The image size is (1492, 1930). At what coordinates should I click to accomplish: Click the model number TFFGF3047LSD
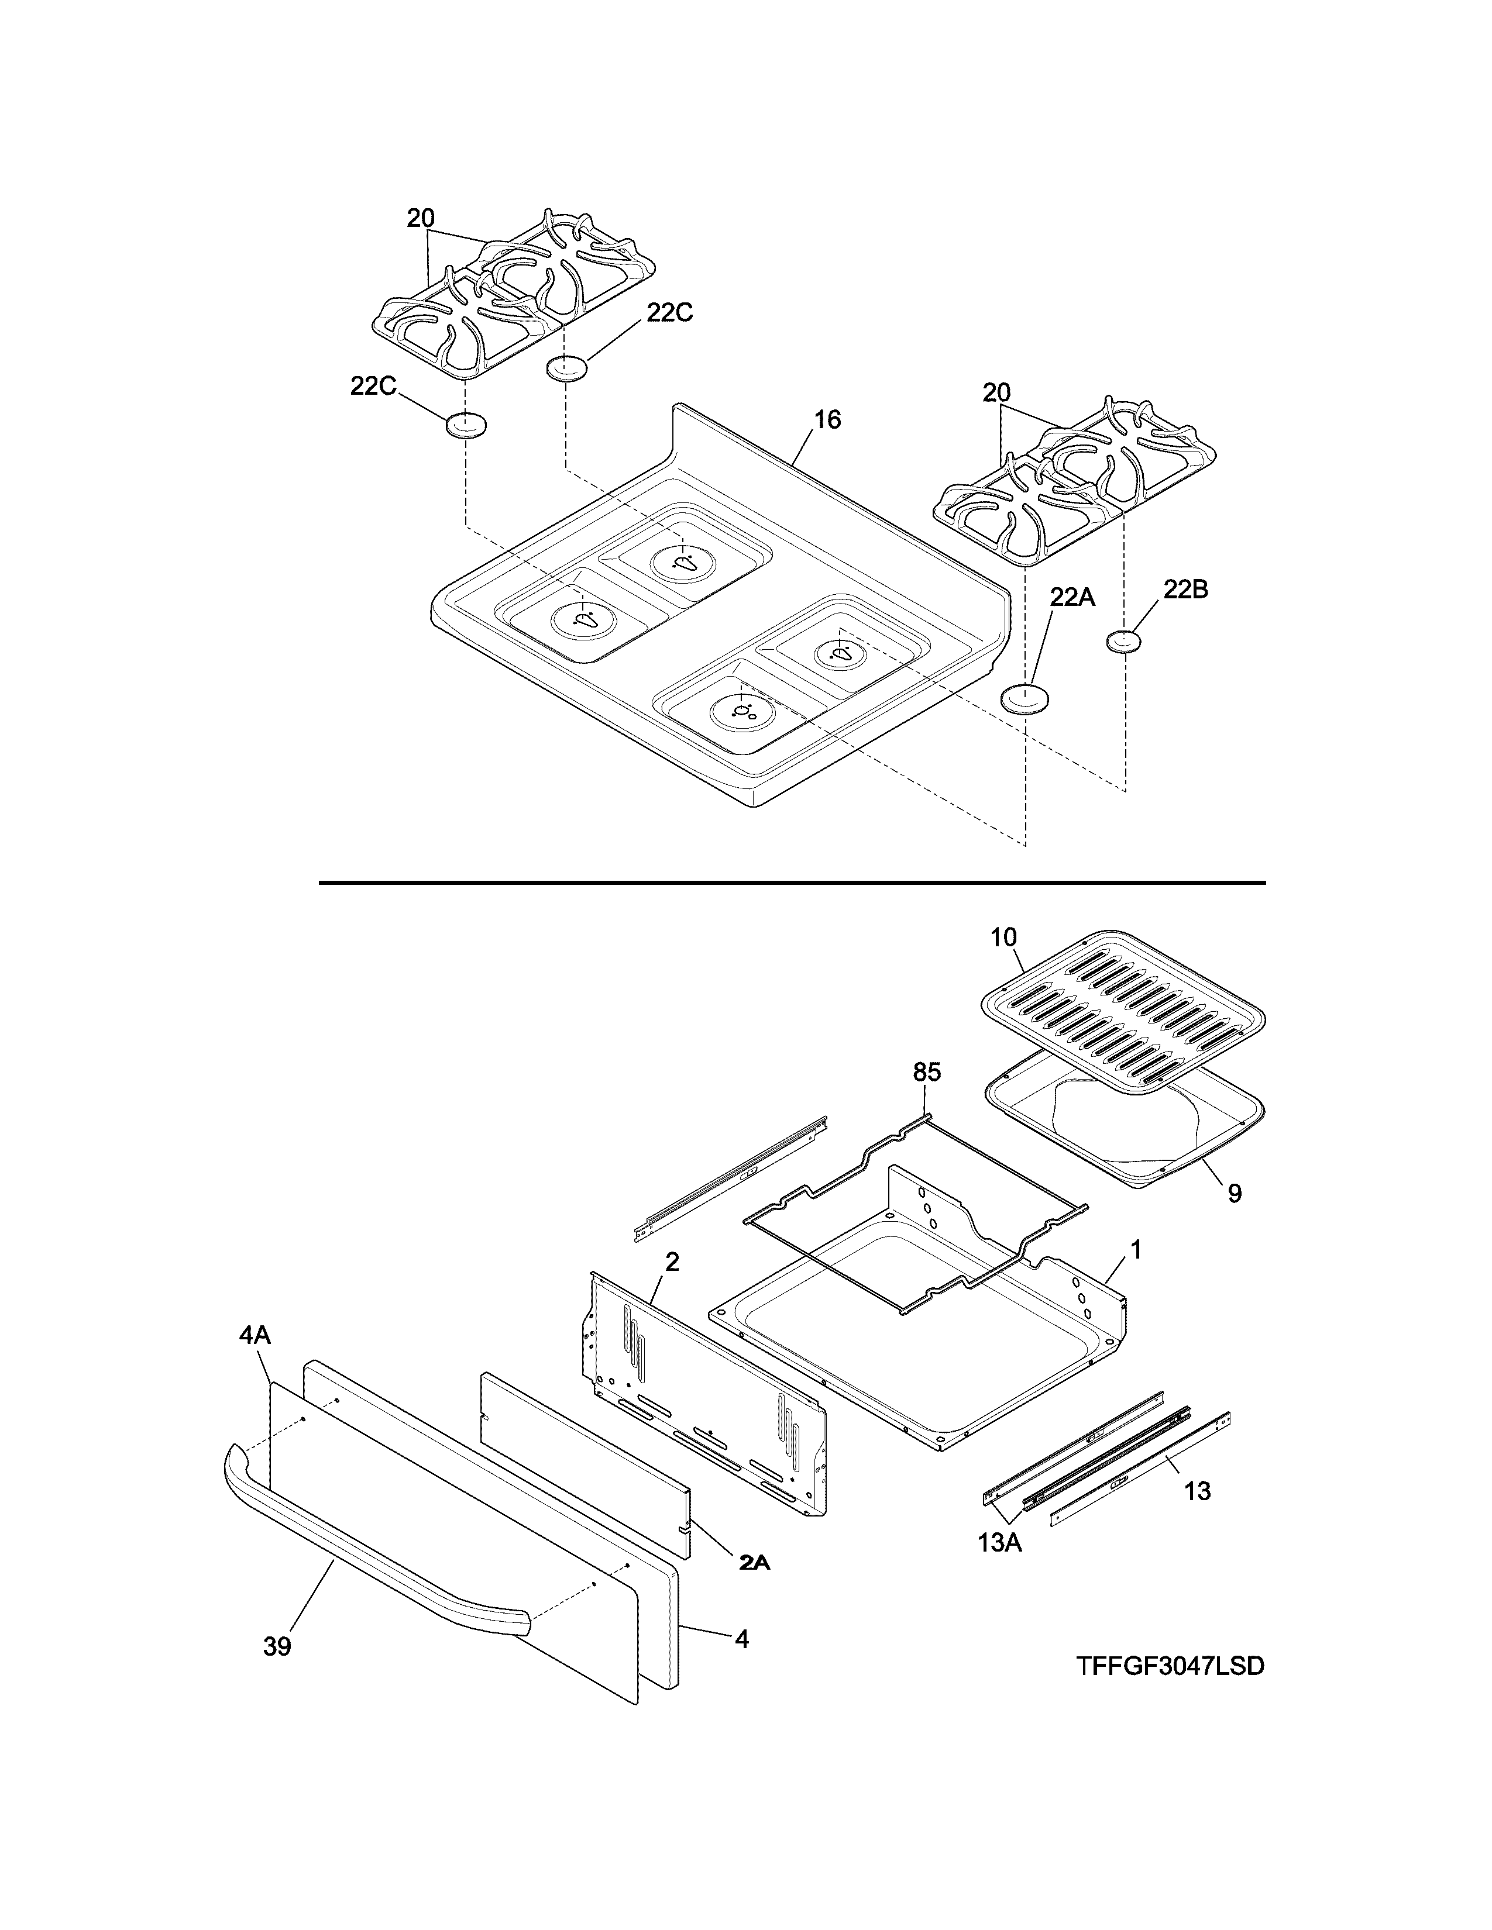click(x=1170, y=1665)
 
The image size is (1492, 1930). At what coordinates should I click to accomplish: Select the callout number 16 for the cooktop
click(x=827, y=420)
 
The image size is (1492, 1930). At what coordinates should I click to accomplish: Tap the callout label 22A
click(x=1072, y=598)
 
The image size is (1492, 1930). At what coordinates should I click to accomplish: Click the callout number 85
click(x=926, y=1072)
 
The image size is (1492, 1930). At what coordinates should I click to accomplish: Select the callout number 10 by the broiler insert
click(x=1003, y=937)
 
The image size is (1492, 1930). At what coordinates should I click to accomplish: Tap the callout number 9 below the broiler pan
click(x=1235, y=1194)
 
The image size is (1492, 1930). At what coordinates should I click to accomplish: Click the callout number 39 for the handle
click(x=277, y=1646)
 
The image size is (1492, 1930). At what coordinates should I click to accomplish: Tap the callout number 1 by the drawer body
click(x=1136, y=1250)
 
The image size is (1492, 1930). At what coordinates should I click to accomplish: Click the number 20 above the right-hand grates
click(x=996, y=392)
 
